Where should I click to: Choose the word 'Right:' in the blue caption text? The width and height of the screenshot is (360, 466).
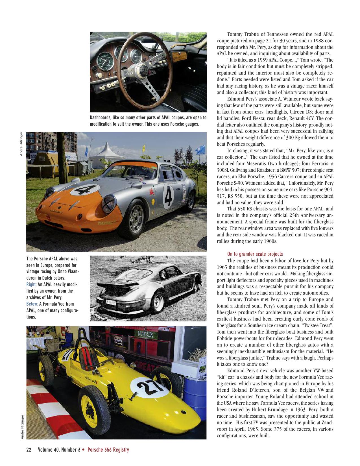pyautogui.click(x=31, y=284)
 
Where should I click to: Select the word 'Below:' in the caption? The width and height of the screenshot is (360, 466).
pyautogui.click(x=32, y=304)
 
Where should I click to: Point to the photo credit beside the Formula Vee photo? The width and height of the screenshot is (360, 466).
pyautogui.click(x=23, y=427)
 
